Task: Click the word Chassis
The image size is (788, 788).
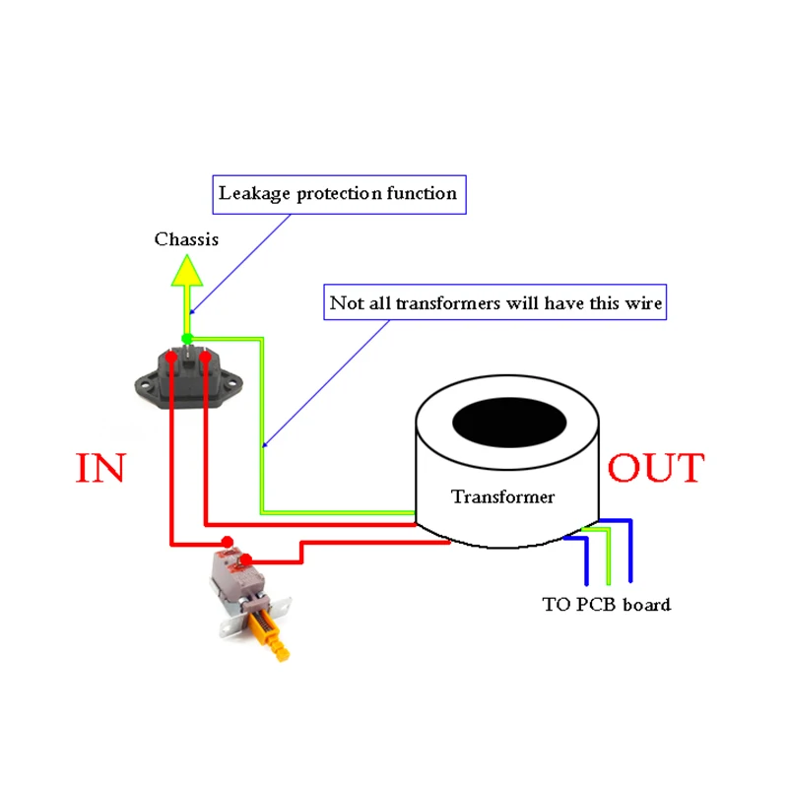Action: click(186, 239)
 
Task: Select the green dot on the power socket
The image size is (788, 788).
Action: click(187, 338)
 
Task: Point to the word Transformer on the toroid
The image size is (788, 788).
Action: click(502, 496)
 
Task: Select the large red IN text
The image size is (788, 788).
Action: click(100, 469)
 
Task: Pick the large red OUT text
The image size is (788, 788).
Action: click(656, 468)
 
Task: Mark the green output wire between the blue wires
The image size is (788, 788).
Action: click(608, 558)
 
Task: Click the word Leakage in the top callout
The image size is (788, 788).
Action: click(249, 193)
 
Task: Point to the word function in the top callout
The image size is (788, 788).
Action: click(421, 193)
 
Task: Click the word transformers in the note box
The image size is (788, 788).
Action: click(448, 303)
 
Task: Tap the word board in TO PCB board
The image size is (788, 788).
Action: click(646, 604)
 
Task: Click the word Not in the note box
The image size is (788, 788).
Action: click(345, 303)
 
